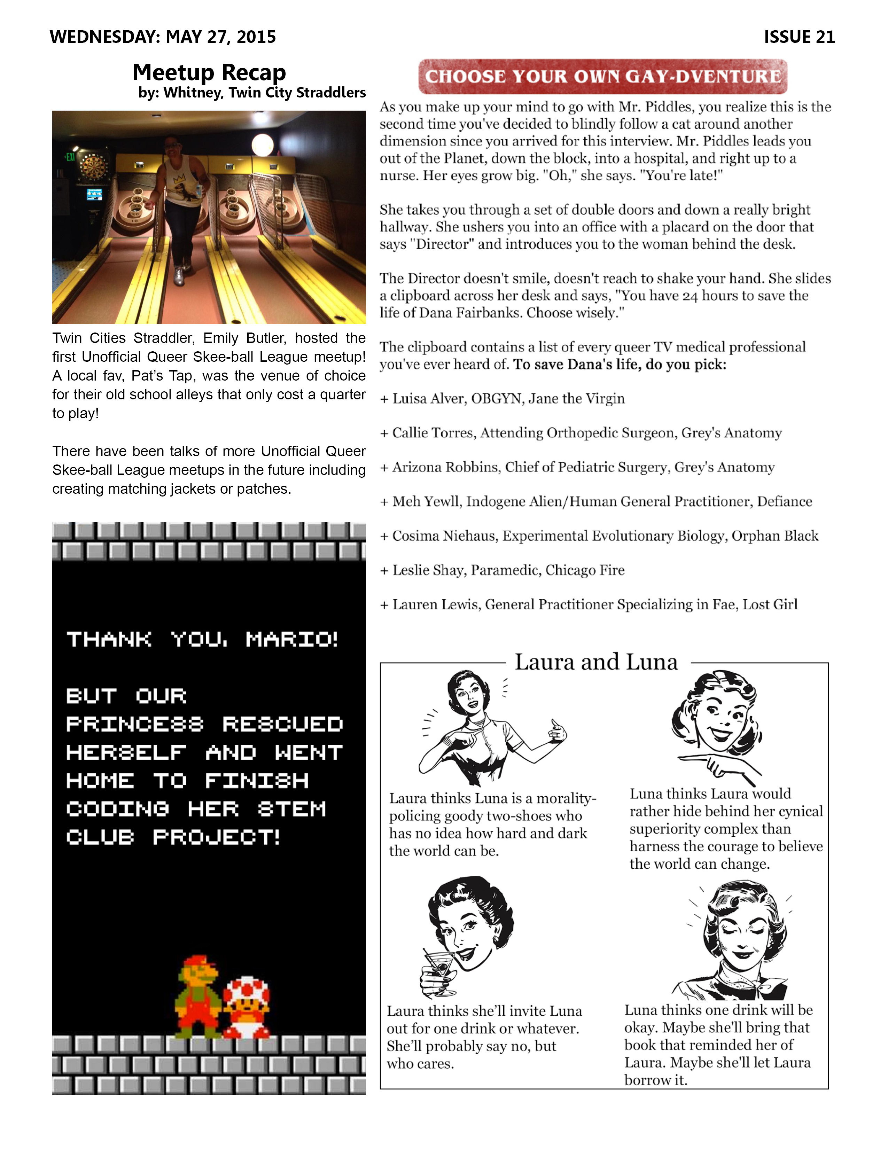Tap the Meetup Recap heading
click(x=209, y=72)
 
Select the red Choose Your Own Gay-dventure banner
click(x=602, y=76)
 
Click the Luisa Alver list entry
click(x=508, y=399)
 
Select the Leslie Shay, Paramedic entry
click(x=508, y=570)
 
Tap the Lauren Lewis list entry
click(x=594, y=604)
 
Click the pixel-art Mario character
click(x=199, y=996)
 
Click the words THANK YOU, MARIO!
click(x=203, y=639)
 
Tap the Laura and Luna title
click(x=596, y=662)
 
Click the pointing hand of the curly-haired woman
click(x=721, y=764)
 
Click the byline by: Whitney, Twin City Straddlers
click(x=251, y=93)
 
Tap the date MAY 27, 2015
click(x=220, y=37)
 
